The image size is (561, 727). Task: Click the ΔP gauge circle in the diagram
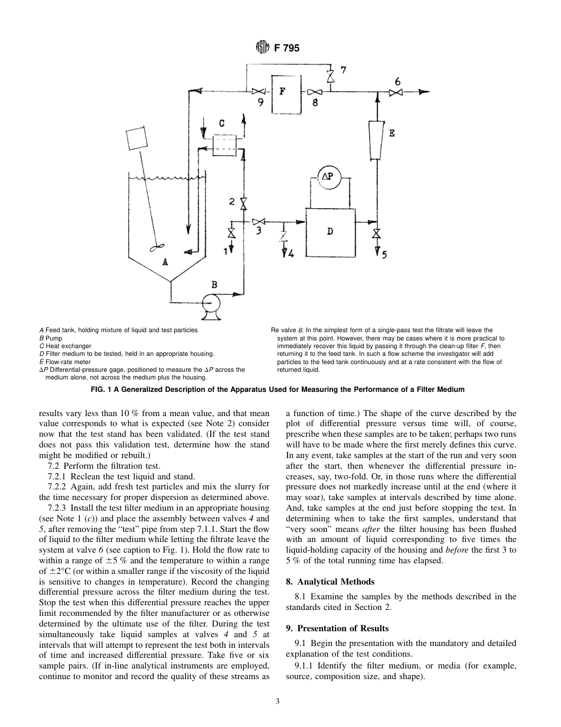coord(327,176)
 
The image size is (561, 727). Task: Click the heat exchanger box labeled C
coord(223,144)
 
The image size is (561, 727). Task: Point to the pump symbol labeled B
coord(210,303)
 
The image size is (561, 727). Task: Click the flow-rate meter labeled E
coord(376,139)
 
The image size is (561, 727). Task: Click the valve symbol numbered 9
coord(258,92)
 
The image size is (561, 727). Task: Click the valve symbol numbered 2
coord(243,202)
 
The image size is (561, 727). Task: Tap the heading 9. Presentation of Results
coord(337,628)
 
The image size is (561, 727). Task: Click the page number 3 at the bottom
coord(278,702)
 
